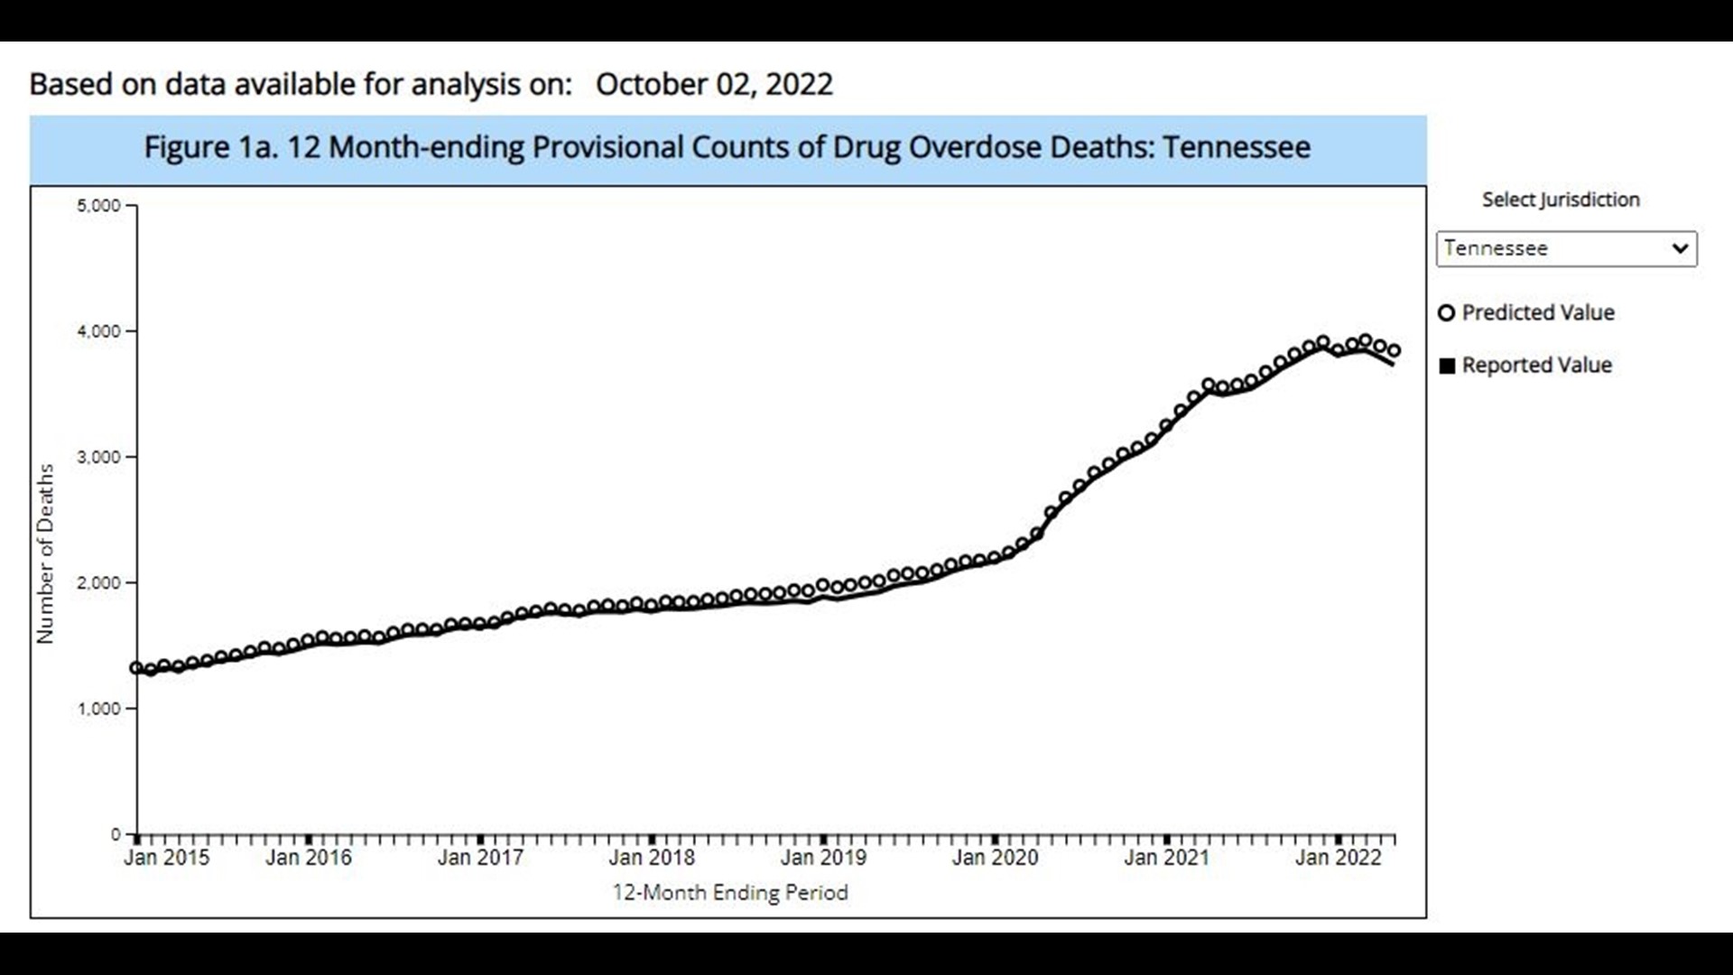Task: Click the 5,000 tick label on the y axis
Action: (x=98, y=206)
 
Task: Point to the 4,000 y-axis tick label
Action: (x=98, y=331)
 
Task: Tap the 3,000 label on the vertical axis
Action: (x=98, y=457)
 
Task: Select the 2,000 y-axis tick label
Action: (x=98, y=583)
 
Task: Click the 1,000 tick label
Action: (x=98, y=709)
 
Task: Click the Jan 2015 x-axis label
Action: (x=166, y=858)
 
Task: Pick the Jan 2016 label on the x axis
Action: (x=309, y=858)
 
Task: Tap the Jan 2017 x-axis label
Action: (x=480, y=858)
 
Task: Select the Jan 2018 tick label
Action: (x=652, y=858)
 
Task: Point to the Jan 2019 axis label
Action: (x=823, y=858)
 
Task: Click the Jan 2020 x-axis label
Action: (x=995, y=858)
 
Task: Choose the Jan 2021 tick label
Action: (x=1166, y=858)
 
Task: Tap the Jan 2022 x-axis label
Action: (x=1338, y=858)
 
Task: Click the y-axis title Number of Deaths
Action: (x=45, y=553)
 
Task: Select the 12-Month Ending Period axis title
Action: (x=730, y=893)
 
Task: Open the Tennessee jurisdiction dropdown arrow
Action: (x=1679, y=248)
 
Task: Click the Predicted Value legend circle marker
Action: (x=1446, y=313)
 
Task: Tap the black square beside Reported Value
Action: (x=1447, y=366)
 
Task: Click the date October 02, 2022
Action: (x=714, y=84)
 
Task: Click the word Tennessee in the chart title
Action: (x=1236, y=147)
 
